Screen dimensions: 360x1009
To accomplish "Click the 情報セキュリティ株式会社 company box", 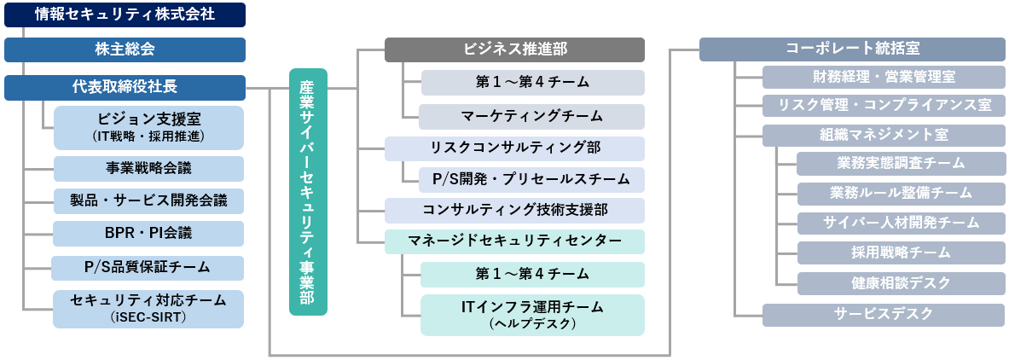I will click(x=125, y=15).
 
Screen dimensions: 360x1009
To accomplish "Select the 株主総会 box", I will click(x=125, y=49).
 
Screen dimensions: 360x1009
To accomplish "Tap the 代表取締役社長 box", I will click(x=125, y=86).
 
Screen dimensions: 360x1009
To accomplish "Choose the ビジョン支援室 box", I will click(x=148, y=127).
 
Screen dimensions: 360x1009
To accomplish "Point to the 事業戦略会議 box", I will click(x=148, y=168).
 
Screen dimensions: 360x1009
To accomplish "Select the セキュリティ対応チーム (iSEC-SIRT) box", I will click(x=148, y=309).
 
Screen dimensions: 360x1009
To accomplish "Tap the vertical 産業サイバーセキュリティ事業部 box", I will click(x=307, y=192).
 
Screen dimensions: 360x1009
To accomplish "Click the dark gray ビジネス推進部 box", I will click(x=514, y=49).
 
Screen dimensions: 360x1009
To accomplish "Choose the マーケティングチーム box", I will click(x=531, y=116).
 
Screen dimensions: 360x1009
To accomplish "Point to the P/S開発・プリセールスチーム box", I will click(x=531, y=179).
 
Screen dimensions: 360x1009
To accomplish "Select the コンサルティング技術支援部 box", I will click(x=514, y=210).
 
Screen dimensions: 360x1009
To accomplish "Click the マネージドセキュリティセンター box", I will click(x=514, y=241).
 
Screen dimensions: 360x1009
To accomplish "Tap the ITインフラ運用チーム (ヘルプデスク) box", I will click(x=531, y=314).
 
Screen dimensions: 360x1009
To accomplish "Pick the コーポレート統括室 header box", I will click(x=852, y=49).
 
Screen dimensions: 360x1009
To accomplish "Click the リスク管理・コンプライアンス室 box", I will click(x=884, y=105).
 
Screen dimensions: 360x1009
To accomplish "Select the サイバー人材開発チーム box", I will click(x=901, y=223).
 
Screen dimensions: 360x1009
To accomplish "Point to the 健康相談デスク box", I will click(x=901, y=282).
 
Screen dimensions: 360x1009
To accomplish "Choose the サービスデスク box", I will click(x=884, y=314).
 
